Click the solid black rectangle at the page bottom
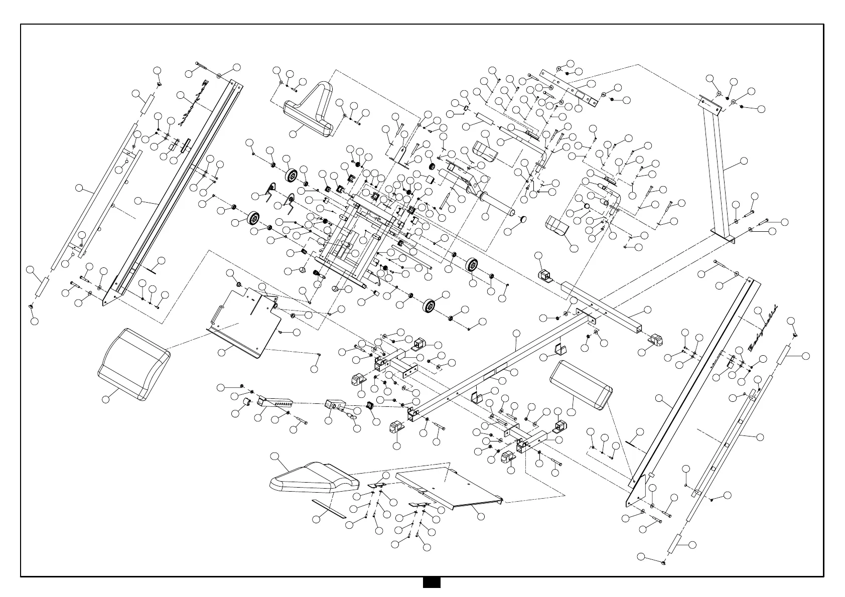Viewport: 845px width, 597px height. [431, 582]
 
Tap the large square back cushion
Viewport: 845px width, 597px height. [133, 365]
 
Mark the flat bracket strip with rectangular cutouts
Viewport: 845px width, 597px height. [570, 90]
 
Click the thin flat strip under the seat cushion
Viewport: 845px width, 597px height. [329, 508]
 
